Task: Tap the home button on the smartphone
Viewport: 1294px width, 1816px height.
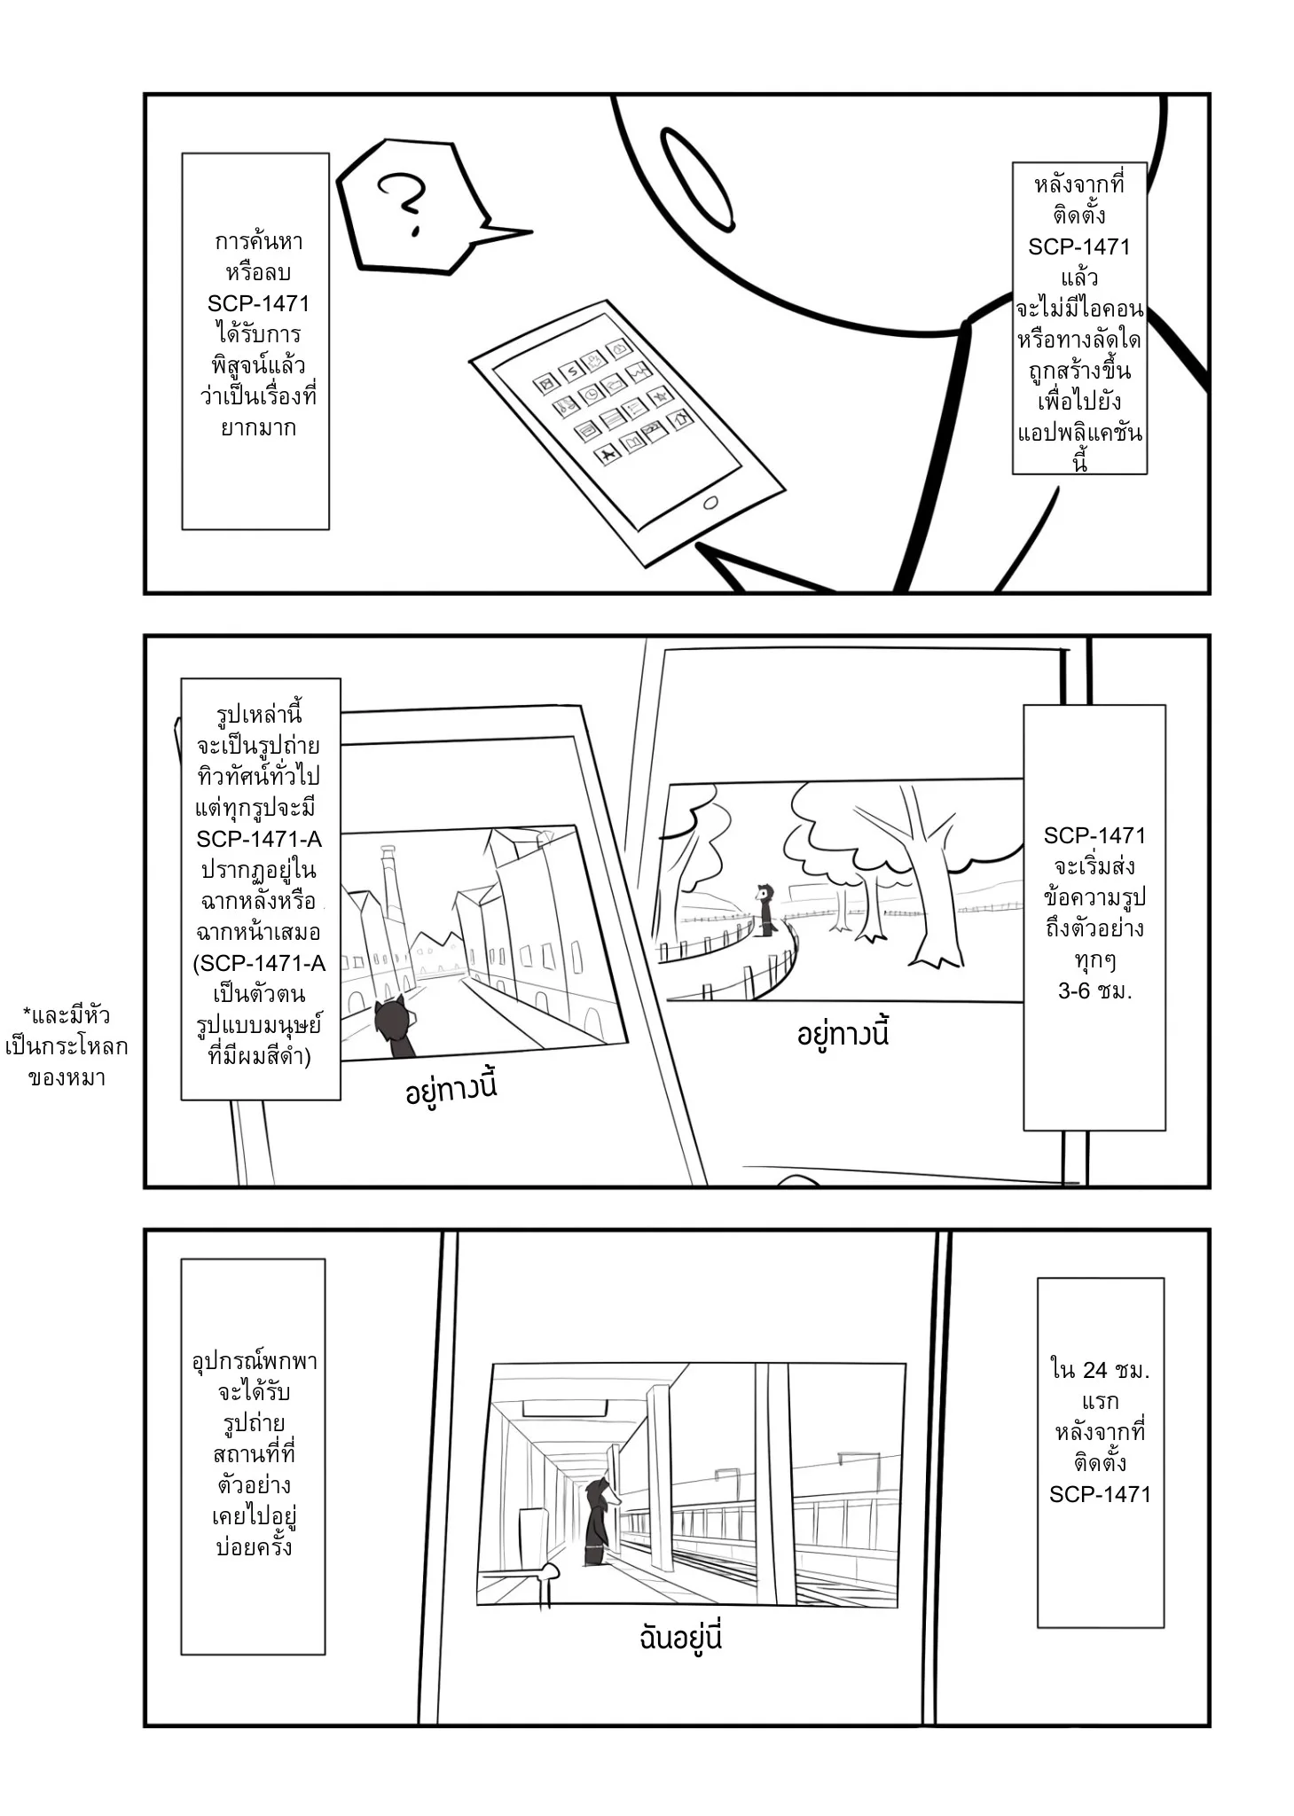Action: pos(710,503)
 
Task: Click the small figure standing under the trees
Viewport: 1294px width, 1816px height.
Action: pos(765,909)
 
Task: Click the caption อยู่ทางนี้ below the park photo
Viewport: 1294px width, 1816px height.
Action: pos(843,1035)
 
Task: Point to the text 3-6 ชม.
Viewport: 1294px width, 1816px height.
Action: pos(1094,991)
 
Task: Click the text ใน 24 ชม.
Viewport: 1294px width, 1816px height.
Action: pos(1100,1370)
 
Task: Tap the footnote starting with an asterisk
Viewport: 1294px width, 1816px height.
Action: pos(67,1046)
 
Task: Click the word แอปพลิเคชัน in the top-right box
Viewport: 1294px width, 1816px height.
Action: pos(1079,434)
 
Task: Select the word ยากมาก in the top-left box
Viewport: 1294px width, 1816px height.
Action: pos(258,427)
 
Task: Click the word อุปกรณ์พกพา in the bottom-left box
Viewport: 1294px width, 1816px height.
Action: pos(255,1361)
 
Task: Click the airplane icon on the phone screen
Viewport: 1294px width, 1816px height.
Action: pos(608,455)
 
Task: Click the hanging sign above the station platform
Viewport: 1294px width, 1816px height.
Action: pos(564,1408)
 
